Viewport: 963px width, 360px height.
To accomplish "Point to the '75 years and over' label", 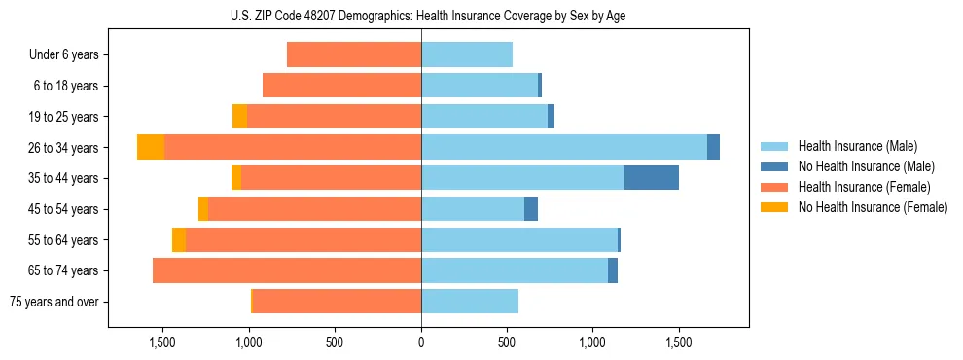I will [x=54, y=302].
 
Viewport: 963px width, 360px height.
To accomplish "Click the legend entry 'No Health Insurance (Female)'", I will [x=873, y=207].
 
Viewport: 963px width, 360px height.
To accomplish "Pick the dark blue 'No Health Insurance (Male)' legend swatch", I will [x=774, y=166].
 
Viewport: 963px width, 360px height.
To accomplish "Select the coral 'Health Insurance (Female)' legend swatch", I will [x=774, y=187].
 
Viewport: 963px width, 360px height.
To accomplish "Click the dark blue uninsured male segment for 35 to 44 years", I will [x=651, y=178].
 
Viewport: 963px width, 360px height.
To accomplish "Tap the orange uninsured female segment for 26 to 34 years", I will [x=151, y=147].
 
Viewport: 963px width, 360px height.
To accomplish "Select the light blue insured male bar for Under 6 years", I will [x=467, y=55].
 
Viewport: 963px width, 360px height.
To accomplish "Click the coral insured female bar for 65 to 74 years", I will [x=287, y=270].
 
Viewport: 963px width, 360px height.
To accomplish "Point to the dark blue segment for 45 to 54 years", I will [x=531, y=209].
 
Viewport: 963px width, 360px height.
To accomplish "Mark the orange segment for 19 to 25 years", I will [x=239, y=117].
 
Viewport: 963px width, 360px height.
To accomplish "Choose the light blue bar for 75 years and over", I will [x=470, y=302].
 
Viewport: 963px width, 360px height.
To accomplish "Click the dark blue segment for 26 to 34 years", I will [x=713, y=147].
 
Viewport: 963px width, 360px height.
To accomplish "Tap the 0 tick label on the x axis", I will [x=421, y=342].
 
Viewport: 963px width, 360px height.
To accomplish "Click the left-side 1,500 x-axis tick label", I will [x=162, y=342].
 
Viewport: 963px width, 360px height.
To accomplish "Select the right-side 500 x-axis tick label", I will [x=507, y=342].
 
